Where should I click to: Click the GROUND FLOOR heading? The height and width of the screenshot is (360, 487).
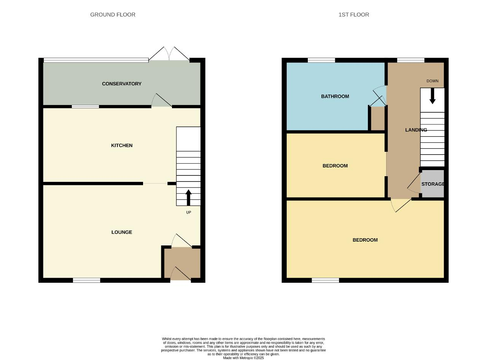(x=113, y=15)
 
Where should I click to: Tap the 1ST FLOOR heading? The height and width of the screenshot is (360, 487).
(x=354, y=15)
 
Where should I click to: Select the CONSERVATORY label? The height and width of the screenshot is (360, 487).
(x=122, y=84)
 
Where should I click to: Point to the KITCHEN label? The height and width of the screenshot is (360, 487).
(x=122, y=145)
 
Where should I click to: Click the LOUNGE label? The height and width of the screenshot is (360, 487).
(x=122, y=232)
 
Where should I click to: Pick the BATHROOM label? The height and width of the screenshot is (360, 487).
(x=335, y=96)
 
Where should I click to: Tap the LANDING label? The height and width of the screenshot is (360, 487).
(x=416, y=130)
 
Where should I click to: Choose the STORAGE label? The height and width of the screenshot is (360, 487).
(x=433, y=184)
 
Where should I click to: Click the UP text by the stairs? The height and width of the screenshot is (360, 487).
(x=189, y=212)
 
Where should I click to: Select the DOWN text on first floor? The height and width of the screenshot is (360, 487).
(x=433, y=81)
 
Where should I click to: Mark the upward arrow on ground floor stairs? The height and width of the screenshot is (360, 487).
(x=189, y=198)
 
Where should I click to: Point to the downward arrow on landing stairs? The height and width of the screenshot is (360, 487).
(x=433, y=96)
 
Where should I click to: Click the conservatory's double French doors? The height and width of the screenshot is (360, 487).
(x=169, y=54)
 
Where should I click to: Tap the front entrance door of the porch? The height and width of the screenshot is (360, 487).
(x=180, y=274)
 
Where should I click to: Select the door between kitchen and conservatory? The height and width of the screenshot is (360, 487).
(x=162, y=100)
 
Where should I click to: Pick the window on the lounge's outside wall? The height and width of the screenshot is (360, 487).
(x=86, y=280)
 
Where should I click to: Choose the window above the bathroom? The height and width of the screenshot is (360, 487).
(x=321, y=60)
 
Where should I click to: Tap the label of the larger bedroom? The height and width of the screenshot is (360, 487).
(x=365, y=240)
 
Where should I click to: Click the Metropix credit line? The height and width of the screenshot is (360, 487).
(x=243, y=358)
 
